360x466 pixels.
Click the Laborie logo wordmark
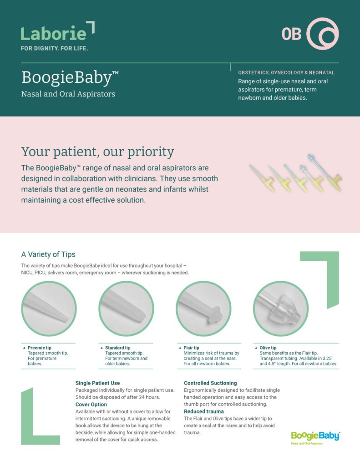coord(54,33)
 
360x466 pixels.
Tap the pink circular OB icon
coord(322,34)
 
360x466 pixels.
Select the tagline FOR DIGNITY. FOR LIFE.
coord(54,48)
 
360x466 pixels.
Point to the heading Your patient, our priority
coord(97,152)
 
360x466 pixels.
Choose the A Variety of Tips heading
coord(48,254)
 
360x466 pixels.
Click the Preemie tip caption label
coord(40,348)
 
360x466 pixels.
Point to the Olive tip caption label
coord(268,348)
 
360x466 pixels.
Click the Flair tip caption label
coord(192,348)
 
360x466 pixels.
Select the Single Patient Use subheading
coord(97,383)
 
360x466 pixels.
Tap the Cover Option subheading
coord(91,405)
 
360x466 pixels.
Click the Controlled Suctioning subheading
coord(210,383)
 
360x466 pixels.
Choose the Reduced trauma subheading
coord(203,411)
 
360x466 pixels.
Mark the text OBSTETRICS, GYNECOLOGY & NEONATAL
coord(286,72)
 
